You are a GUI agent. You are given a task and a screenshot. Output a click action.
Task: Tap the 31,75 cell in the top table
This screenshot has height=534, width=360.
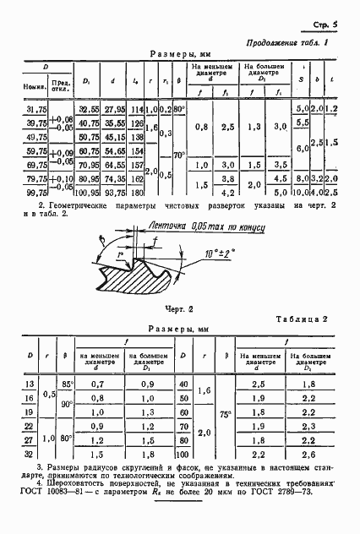pos(36,109)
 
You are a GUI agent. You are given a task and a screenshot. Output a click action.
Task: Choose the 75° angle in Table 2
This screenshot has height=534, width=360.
pos(224,417)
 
